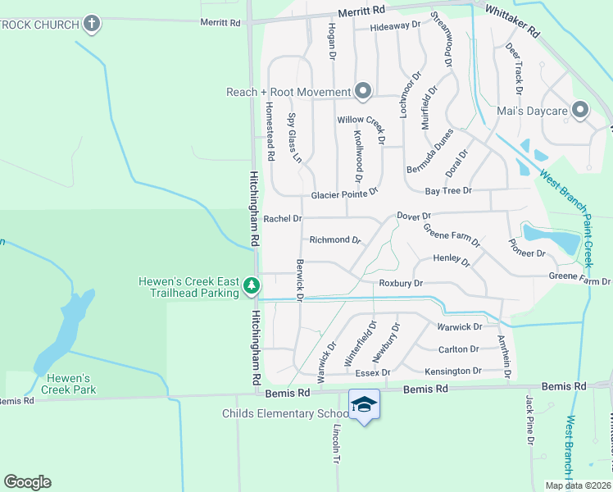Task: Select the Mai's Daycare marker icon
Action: (580, 109)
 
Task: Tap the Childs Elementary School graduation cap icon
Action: (365, 404)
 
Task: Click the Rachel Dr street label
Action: (283, 219)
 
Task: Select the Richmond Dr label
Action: (335, 240)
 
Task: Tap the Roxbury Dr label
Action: (400, 283)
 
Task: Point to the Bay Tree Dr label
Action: (448, 190)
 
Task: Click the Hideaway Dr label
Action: (395, 25)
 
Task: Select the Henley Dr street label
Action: (451, 261)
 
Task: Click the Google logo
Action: (27, 481)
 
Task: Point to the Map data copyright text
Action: (577, 485)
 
